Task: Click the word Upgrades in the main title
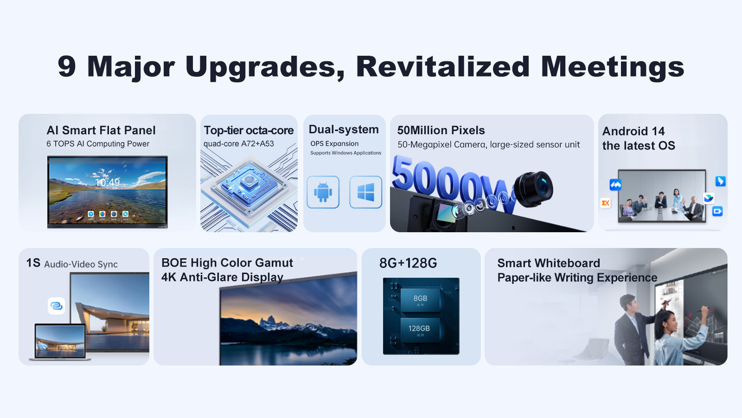click(x=265, y=67)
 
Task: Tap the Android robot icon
click(x=323, y=192)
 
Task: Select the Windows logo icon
click(x=366, y=192)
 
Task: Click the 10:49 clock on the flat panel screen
click(x=108, y=182)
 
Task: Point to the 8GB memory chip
click(x=420, y=300)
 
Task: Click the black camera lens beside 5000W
click(x=533, y=189)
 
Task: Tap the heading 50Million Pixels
click(x=441, y=131)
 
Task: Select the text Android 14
click(x=633, y=131)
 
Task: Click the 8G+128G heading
click(x=408, y=263)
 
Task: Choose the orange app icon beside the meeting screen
click(x=606, y=202)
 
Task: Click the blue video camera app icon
click(x=717, y=211)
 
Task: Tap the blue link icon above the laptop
click(x=56, y=306)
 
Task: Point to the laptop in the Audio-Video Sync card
click(x=60, y=342)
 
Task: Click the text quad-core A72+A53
click(x=238, y=144)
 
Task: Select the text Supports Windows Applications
click(x=346, y=153)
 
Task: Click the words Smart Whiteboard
click(x=549, y=263)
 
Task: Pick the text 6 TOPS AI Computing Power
click(x=98, y=144)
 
